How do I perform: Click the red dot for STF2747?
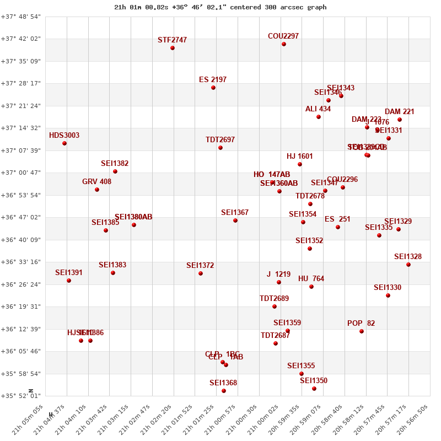pyautogui.click(x=173, y=48)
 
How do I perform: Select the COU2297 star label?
pyautogui.click(x=283, y=36)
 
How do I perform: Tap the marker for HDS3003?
pyautogui.click(x=64, y=143)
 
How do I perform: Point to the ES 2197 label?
pyautogui.click(x=213, y=80)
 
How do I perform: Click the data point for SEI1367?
pyautogui.click(x=235, y=220)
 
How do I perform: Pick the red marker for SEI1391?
pyautogui.click(x=69, y=281)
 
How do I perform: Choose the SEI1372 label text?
pyautogui.click(x=200, y=266)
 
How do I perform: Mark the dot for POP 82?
pyautogui.click(x=362, y=331)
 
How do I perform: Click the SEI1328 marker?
pyautogui.click(x=408, y=265)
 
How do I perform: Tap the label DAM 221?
pyautogui.click(x=400, y=112)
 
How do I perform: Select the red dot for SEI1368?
pyautogui.click(x=224, y=391)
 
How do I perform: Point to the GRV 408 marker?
pyautogui.click(x=97, y=190)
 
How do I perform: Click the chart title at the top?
pyautogui.click(x=220, y=7)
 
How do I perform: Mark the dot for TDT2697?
pyautogui.click(x=220, y=148)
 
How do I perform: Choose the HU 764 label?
pyautogui.click(x=311, y=279)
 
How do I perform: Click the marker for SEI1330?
pyautogui.click(x=388, y=295)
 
